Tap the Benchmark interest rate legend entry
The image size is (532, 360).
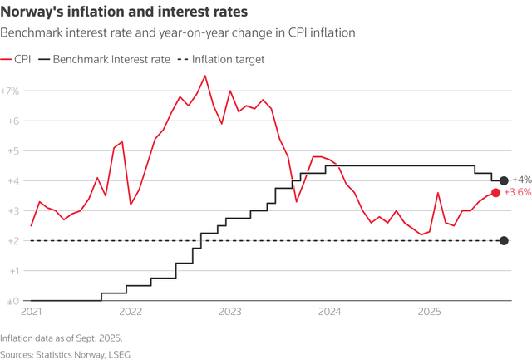[x=110, y=60]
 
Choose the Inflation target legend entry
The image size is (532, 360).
[x=224, y=60]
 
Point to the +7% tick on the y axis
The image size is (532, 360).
[x=12, y=91]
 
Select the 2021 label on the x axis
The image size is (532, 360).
[x=31, y=313]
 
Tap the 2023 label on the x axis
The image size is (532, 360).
[x=230, y=313]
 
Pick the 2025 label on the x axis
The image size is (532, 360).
[x=429, y=313]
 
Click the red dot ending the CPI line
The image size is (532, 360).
[x=496, y=193]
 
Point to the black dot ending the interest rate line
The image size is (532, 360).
[x=504, y=180]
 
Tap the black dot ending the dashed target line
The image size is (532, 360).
[x=504, y=241]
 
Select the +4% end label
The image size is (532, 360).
[x=521, y=180]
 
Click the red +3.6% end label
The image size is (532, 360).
[x=518, y=193]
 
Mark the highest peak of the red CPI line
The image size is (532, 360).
[x=205, y=76]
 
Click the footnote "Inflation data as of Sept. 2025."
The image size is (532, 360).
[x=62, y=338]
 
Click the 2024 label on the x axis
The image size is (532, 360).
[x=330, y=313]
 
